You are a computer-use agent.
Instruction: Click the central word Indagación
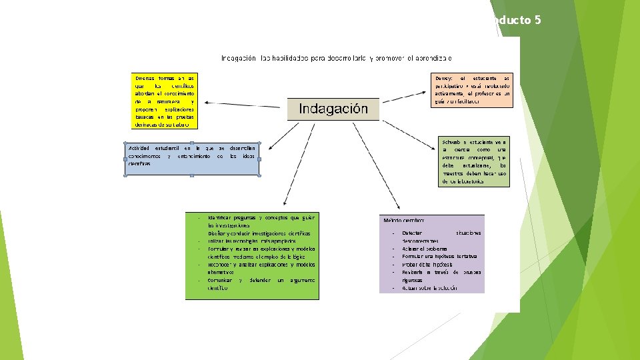333,109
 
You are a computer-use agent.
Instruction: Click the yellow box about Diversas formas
165,101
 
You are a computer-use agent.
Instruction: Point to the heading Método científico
404,219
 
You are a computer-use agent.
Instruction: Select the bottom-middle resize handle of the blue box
192,176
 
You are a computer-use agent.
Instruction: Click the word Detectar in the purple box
412,233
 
